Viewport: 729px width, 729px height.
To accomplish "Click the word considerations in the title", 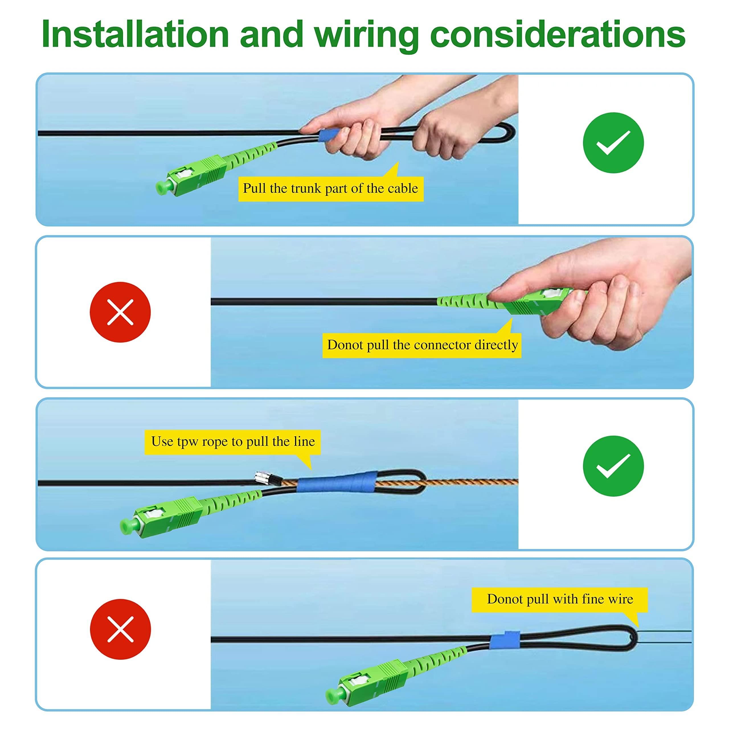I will [557, 35].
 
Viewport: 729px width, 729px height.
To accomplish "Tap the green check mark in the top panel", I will [613, 143].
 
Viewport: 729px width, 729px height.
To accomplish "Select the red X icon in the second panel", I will [120, 312].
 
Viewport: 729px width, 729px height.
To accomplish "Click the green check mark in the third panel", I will [613, 466].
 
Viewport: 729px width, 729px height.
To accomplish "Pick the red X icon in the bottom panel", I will [120, 629].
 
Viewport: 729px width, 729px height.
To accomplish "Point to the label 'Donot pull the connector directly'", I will [422, 345].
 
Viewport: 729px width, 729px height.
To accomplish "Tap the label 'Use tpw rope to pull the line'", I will [232, 441].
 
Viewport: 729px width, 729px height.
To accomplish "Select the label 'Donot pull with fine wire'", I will [560, 599].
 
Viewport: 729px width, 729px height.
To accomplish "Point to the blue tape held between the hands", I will [328, 135].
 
